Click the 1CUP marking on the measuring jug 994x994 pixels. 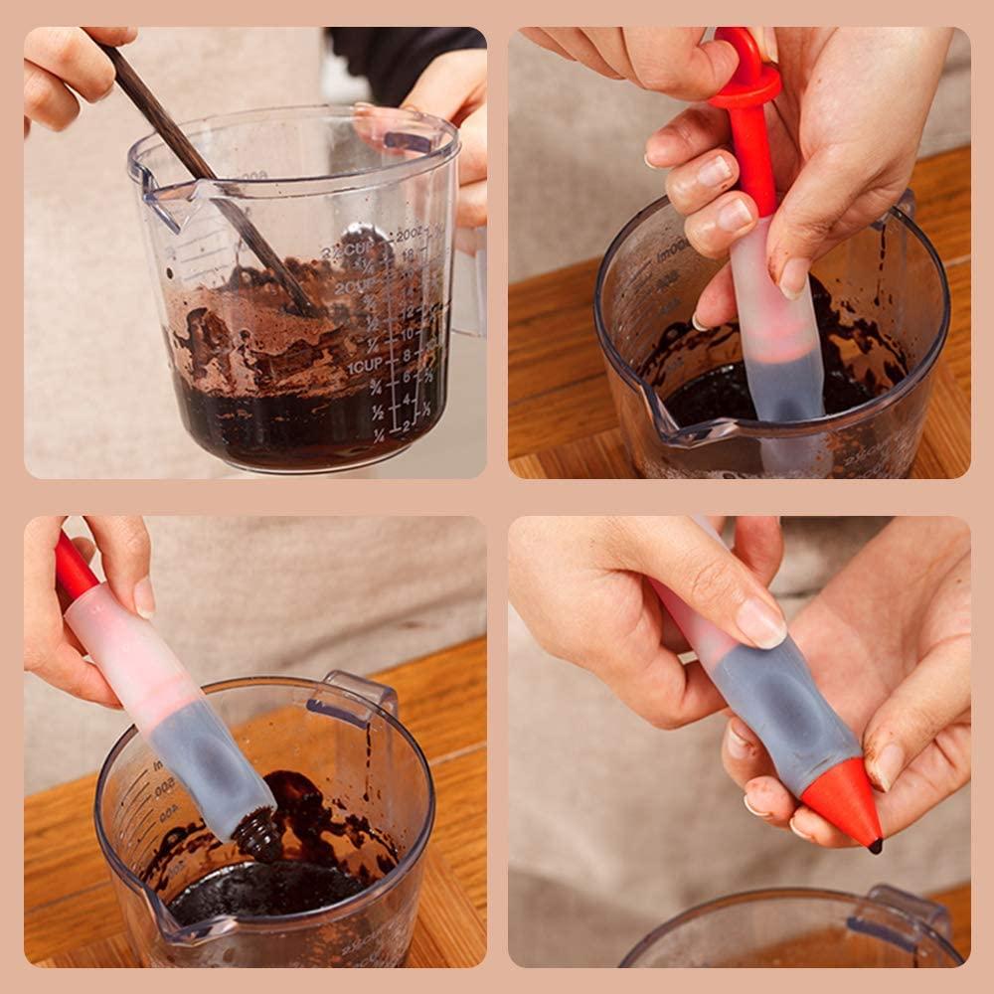coord(363,367)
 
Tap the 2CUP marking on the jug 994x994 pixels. coord(355,288)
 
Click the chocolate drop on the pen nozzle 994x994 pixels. coord(875,847)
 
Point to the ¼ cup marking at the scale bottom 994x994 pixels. coord(379,434)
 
